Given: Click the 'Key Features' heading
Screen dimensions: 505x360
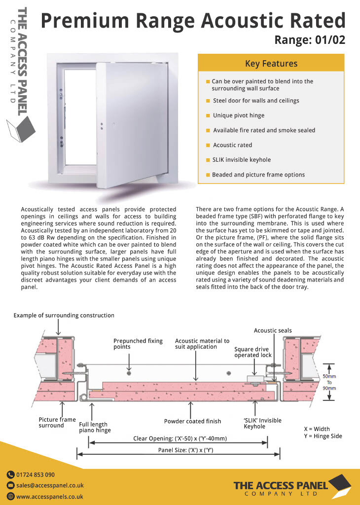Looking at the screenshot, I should click(x=271, y=64).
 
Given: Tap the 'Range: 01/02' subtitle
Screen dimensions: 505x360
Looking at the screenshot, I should click(x=309, y=39).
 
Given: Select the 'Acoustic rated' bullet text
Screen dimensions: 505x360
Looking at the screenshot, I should click(x=232, y=145).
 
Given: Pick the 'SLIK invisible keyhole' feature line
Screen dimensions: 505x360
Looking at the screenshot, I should click(x=241, y=160).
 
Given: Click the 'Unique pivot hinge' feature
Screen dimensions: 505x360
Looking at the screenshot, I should click(x=239, y=115).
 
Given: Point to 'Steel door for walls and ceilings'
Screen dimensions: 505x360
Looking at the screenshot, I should click(x=256, y=101).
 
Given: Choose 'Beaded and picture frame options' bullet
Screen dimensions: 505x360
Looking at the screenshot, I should click(x=258, y=175).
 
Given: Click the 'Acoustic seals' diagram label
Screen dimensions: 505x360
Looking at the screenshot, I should click(x=273, y=330).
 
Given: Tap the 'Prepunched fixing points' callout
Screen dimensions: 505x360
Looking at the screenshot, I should click(x=131, y=344).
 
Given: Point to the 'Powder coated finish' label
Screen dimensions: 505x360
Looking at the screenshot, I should click(x=192, y=421).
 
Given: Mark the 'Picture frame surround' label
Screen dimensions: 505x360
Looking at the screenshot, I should click(x=57, y=423).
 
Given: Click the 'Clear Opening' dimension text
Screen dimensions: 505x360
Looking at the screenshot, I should click(x=180, y=438).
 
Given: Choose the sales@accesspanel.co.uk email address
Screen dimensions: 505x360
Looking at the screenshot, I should click(x=50, y=486).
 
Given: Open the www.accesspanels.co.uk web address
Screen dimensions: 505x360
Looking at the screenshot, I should click(x=49, y=497).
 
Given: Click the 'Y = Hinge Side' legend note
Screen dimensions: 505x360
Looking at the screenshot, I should click(x=323, y=436).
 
